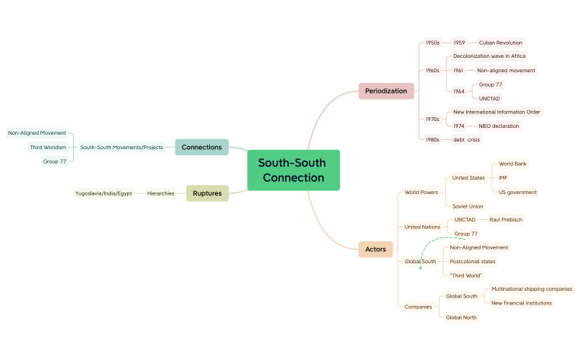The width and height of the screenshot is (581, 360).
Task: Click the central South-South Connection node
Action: (294, 170)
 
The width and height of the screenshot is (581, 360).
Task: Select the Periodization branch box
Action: (386, 91)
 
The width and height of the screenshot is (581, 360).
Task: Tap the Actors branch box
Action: (376, 249)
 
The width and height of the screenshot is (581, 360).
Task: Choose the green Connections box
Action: (202, 147)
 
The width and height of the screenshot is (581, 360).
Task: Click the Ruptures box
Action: (207, 193)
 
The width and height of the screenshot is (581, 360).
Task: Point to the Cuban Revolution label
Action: (500, 43)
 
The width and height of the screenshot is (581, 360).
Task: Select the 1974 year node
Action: (459, 126)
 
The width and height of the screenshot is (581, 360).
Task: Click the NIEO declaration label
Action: (499, 126)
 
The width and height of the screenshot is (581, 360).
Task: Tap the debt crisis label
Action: (467, 140)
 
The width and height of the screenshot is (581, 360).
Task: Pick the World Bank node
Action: (513, 164)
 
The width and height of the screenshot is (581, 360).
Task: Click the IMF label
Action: (503, 178)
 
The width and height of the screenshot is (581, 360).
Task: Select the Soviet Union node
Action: (468, 206)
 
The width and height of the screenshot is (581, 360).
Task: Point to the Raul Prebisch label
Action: (506, 220)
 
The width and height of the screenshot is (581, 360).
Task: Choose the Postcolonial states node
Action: (473, 261)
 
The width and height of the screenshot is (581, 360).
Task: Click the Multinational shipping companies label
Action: (532, 289)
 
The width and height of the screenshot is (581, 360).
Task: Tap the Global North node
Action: (462, 317)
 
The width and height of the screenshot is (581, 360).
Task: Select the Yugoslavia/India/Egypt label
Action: (103, 193)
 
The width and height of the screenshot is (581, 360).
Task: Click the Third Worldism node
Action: (48, 147)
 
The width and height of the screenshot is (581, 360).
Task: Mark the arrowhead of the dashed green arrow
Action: (421, 267)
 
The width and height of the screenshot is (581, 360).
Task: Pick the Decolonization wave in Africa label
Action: (489, 56)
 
